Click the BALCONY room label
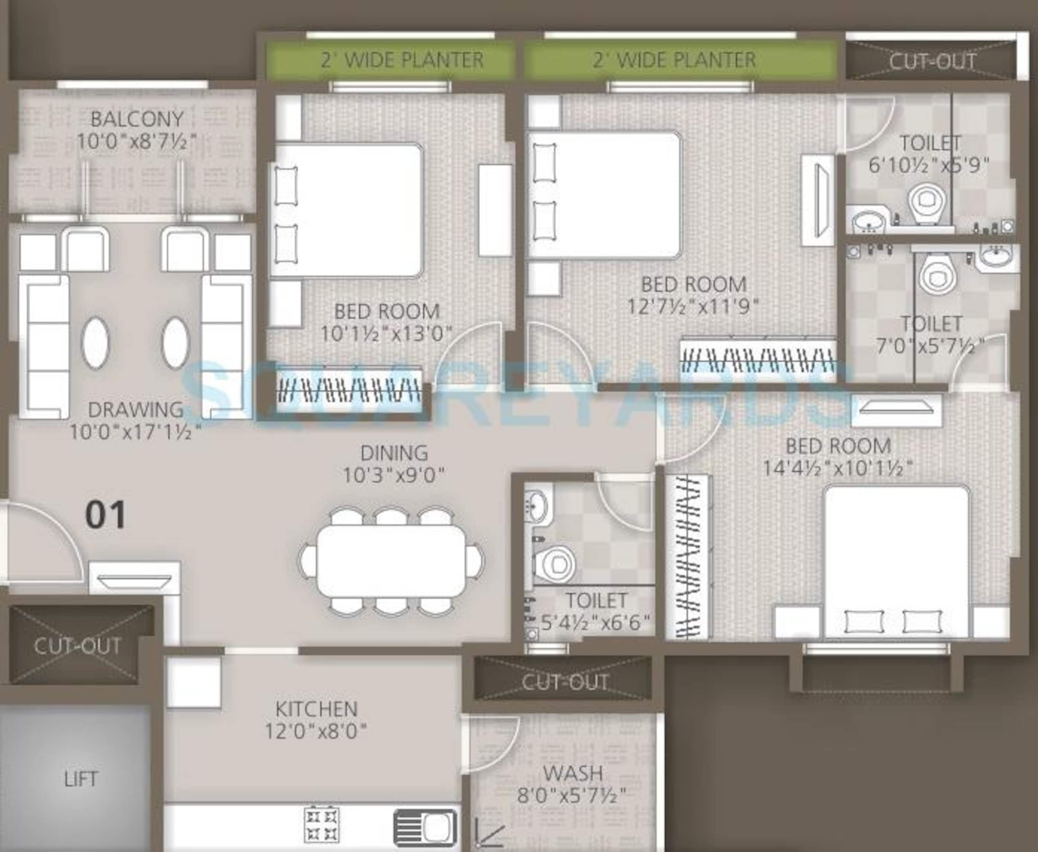pos(137,119)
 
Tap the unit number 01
pos(105,515)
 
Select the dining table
pos(391,561)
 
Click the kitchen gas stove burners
pos(322,825)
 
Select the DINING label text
pos(394,453)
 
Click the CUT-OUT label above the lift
pos(78,646)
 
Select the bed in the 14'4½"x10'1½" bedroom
pos(896,562)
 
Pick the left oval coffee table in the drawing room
pos(95,343)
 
